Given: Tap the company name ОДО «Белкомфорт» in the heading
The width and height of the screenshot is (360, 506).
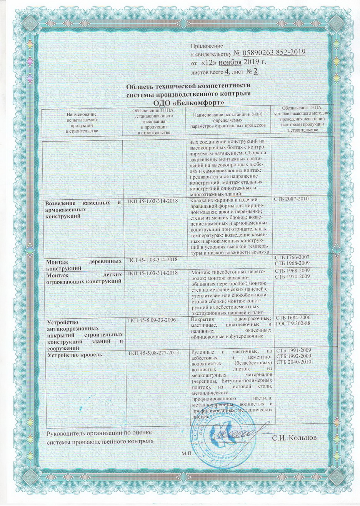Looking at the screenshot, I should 188,102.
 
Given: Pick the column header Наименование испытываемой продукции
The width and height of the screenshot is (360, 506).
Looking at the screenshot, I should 82,123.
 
